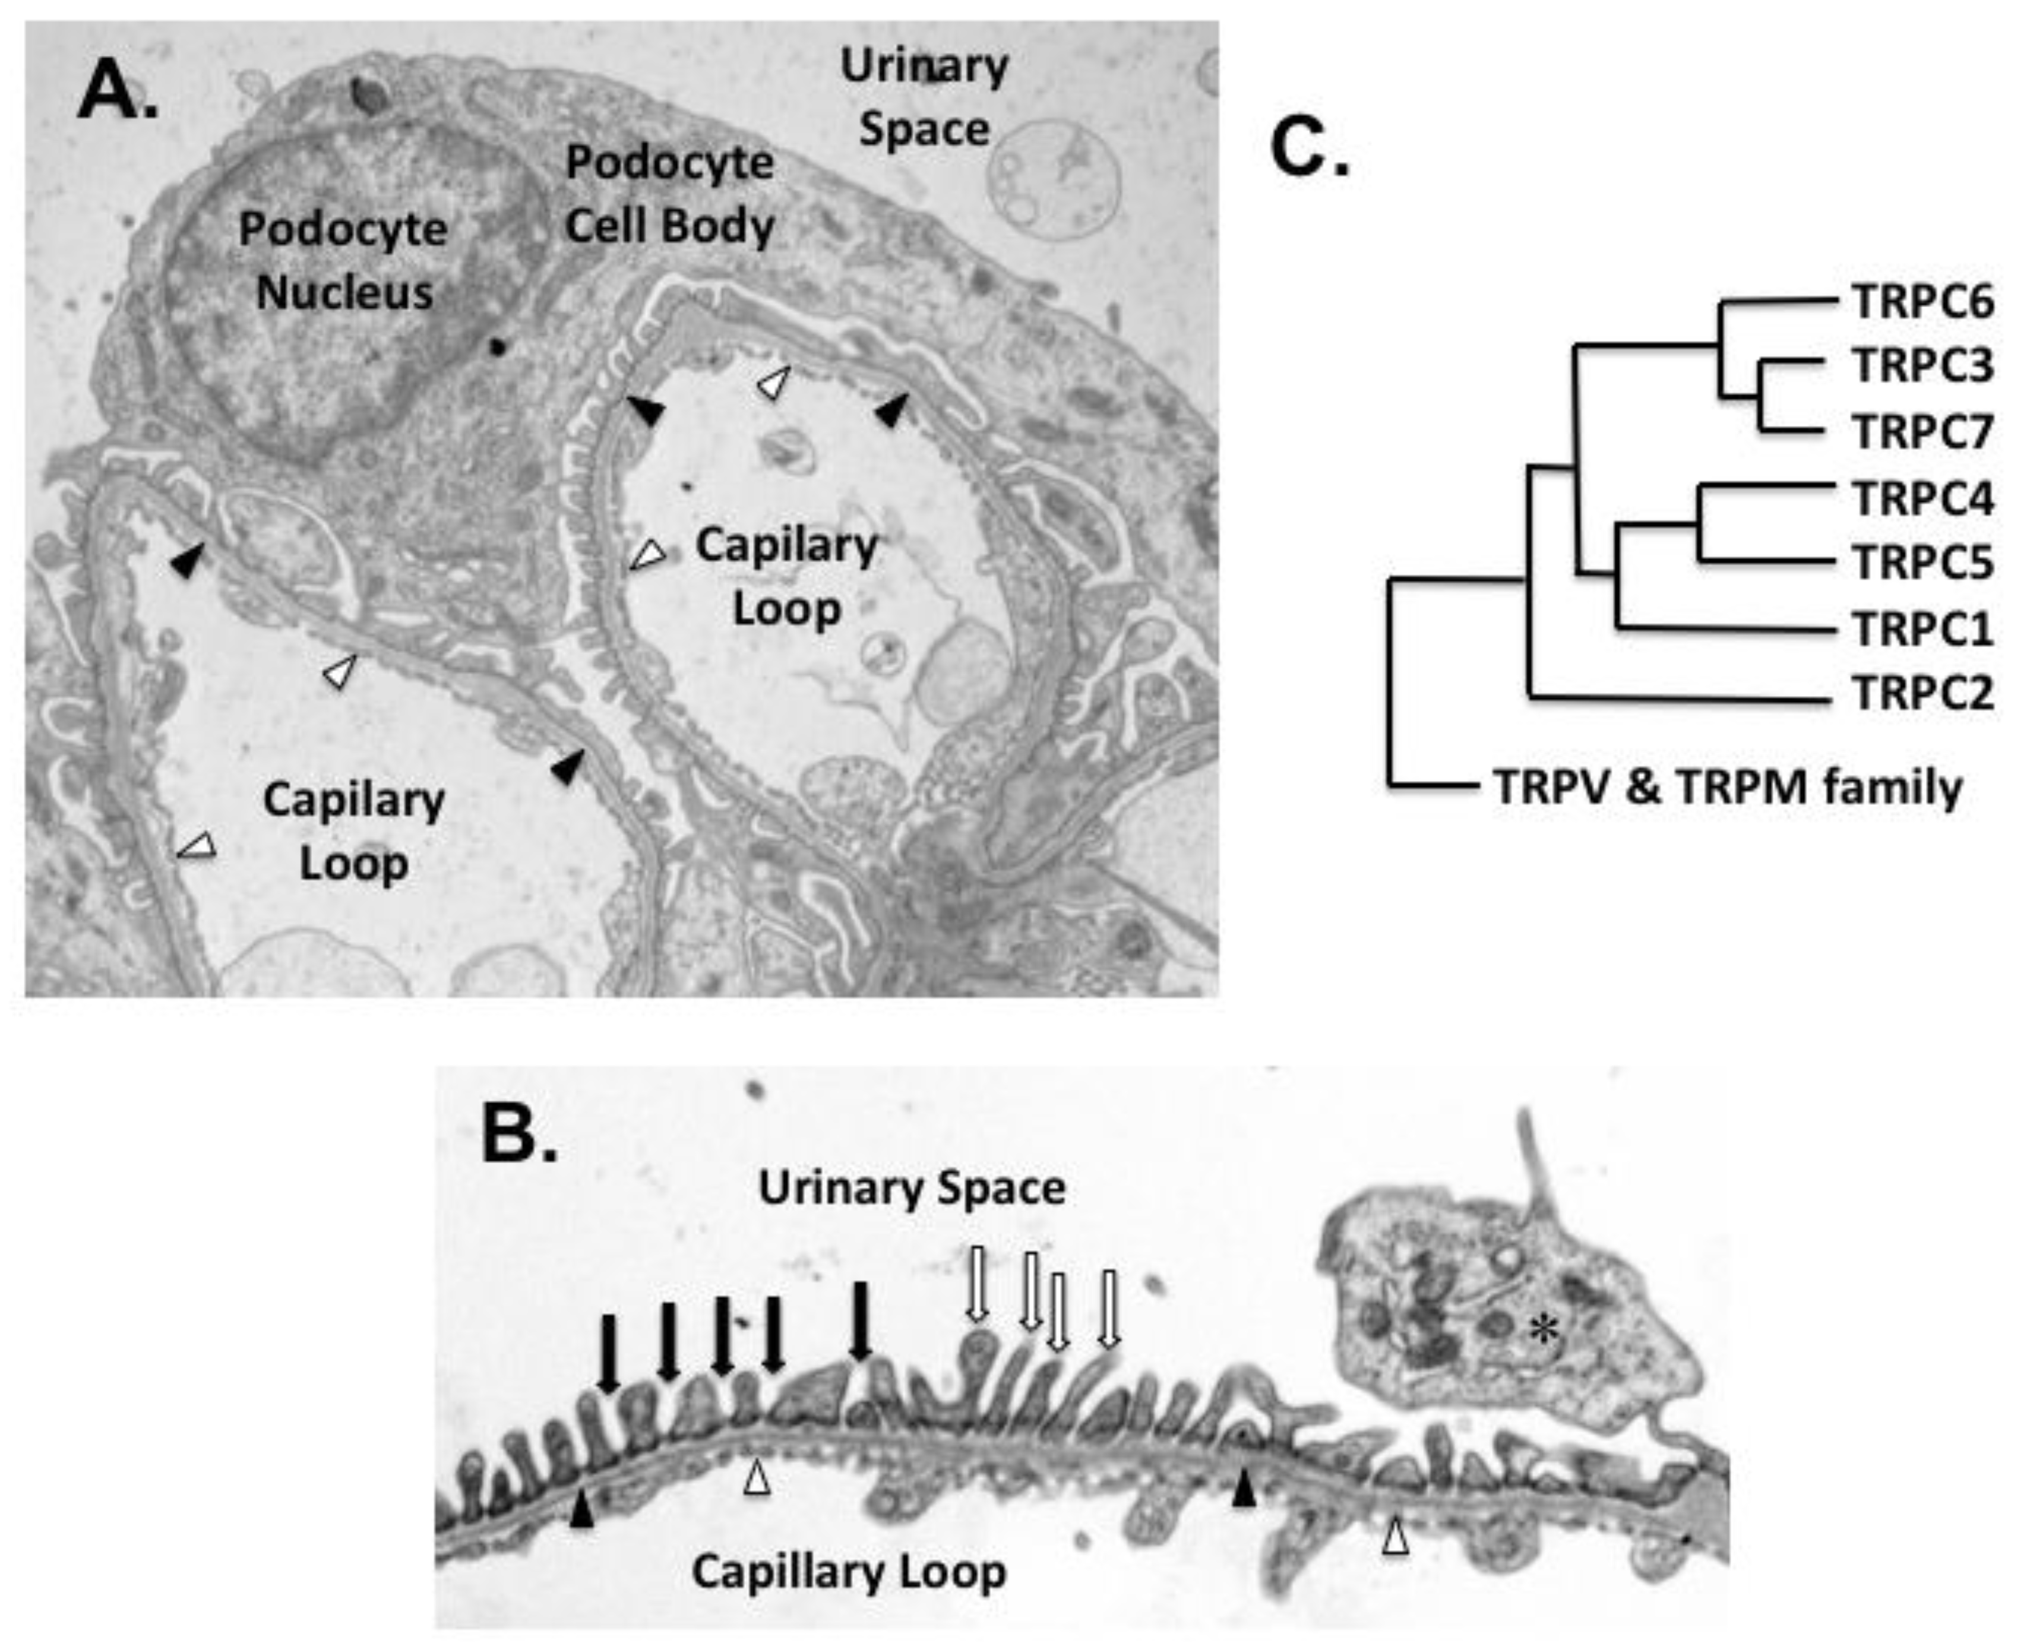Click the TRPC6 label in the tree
1922,302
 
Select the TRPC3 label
1922,366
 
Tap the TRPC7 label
1922,431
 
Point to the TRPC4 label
1922,498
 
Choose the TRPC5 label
1922,563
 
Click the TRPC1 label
1922,628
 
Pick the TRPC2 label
1922,693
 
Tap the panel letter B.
518,1135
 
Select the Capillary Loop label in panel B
849,1572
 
